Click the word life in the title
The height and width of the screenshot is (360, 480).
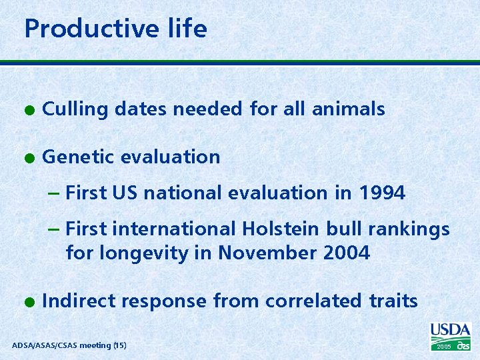tap(189, 29)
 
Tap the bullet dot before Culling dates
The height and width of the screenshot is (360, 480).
tap(27, 109)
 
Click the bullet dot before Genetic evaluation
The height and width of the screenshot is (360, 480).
tap(27, 157)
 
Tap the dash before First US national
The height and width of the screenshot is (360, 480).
tap(55, 193)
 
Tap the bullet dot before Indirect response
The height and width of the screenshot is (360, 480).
tap(27, 302)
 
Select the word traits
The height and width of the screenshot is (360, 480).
tap(393, 301)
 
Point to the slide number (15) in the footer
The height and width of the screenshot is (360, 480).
tap(119, 345)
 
